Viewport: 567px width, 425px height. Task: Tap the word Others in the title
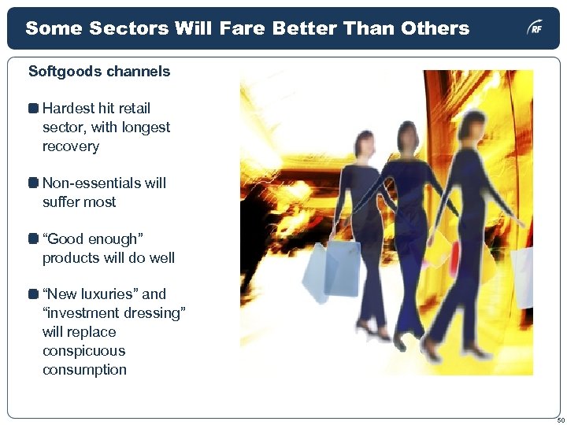click(x=434, y=29)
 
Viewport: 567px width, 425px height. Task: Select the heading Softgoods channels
click(x=99, y=72)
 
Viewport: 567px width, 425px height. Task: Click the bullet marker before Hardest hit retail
click(x=33, y=109)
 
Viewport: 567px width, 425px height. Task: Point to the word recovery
click(x=71, y=146)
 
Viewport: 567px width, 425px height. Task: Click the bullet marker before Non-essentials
click(x=33, y=183)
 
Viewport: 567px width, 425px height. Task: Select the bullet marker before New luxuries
click(x=33, y=294)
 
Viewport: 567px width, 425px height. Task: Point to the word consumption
click(x=84, y=370)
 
